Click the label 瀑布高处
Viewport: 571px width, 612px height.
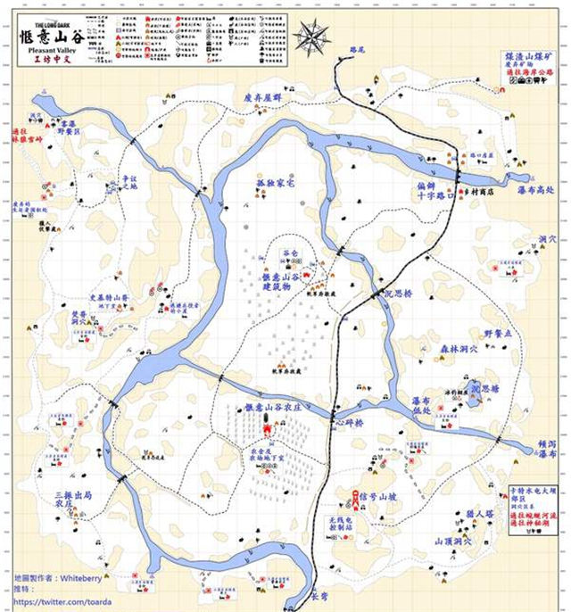click(x=535, y=189)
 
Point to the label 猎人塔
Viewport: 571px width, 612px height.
click(x=479, y=514)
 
